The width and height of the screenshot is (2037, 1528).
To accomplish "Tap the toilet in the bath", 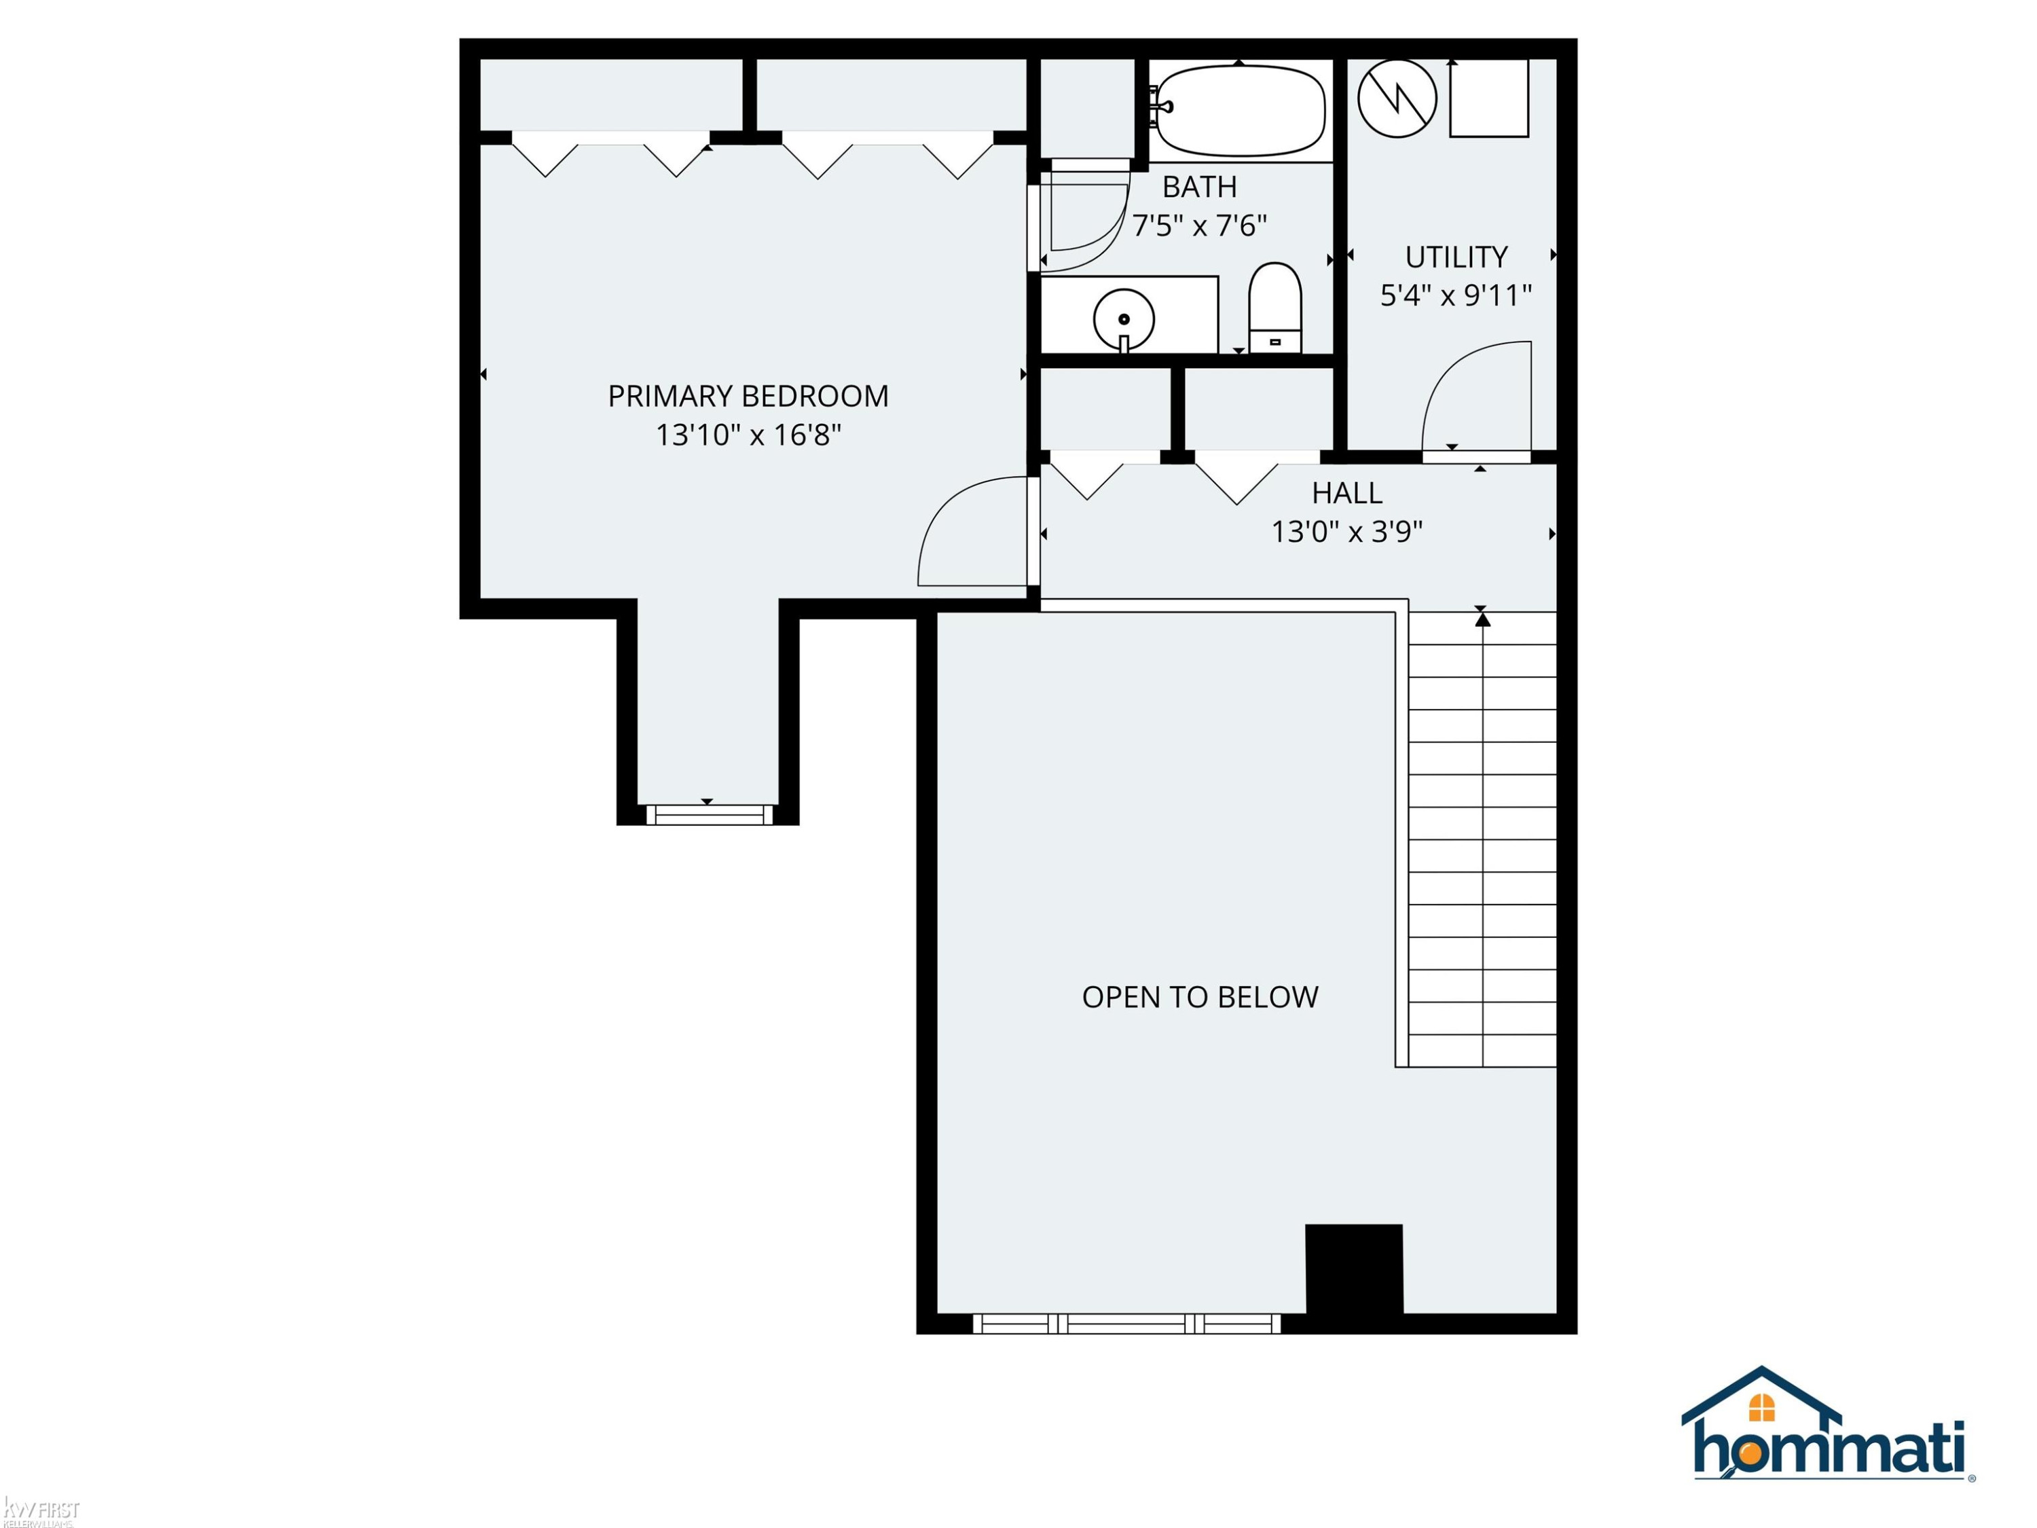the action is [1274, 308].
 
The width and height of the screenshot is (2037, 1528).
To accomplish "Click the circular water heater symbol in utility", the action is [1397, 98].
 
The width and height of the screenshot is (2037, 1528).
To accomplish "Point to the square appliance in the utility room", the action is [1489, 98].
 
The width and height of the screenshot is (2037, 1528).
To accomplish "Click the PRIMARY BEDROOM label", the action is [748, 396].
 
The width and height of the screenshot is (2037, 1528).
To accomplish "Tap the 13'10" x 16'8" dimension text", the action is [748, 435].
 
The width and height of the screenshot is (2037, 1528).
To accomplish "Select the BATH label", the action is [1199, 187].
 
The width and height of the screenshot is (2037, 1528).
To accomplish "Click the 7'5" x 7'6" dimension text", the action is [1199, 225].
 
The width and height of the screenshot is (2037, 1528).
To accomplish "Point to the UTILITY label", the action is [1456, 257].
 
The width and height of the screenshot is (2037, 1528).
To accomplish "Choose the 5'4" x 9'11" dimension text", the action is [1456, 295].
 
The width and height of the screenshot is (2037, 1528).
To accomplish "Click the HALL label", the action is [1346, 494].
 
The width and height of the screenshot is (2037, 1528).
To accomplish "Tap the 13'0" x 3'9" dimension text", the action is [1346, 532].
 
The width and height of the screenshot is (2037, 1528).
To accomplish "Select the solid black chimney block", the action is [1354, 1269].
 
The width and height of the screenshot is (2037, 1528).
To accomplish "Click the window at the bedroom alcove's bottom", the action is [709, 814].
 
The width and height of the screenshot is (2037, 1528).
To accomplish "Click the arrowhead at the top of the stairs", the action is [1482, 620].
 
